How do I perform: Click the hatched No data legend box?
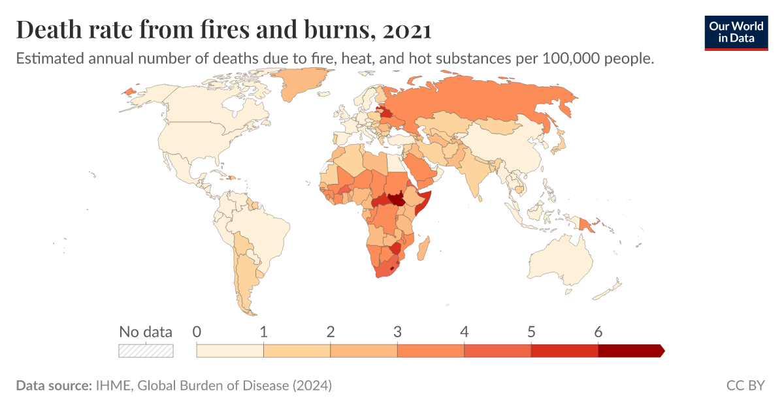pyautogui.click(x=146, y=351)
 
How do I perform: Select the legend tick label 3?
pyautogui.click(x=397, y=331)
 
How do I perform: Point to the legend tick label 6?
pyautogui.click(x=598, y=331)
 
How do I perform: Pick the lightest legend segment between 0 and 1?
pyautogui.click(x=230, y=351)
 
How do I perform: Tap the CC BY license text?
pyautogui.click(x=745, y=386)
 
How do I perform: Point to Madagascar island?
pyautogui.click(x=425, y=248)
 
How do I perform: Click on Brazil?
pyautogui.click(x=261, y=228)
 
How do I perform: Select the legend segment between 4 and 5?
pyautogui.click(x=497, y=351)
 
